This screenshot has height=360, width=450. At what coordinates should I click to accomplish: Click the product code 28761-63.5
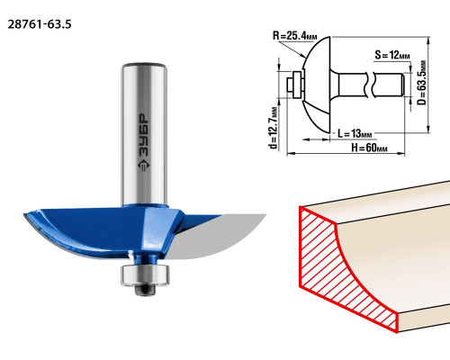40,24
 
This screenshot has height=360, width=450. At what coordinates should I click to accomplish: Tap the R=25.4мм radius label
294,36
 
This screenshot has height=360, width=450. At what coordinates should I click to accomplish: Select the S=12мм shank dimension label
392,55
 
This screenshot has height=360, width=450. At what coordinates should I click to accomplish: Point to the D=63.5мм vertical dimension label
421,83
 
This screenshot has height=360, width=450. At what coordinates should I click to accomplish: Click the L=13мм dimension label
355,133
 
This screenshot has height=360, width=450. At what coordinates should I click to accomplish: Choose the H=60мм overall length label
369,148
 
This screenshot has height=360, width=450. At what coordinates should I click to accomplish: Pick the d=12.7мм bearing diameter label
274,128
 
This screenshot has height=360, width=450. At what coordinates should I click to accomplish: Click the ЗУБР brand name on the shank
144,135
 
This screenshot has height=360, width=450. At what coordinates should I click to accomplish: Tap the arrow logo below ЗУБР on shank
144,166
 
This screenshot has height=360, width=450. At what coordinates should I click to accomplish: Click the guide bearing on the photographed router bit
145,275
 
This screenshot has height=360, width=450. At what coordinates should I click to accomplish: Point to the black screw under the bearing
145,290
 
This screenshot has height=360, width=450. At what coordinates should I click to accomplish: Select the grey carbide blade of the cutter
216,237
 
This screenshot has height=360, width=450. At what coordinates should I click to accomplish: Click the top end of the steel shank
144,66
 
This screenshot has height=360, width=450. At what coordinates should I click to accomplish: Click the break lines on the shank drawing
370,85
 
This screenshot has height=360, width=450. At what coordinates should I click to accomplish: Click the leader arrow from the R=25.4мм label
292,49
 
